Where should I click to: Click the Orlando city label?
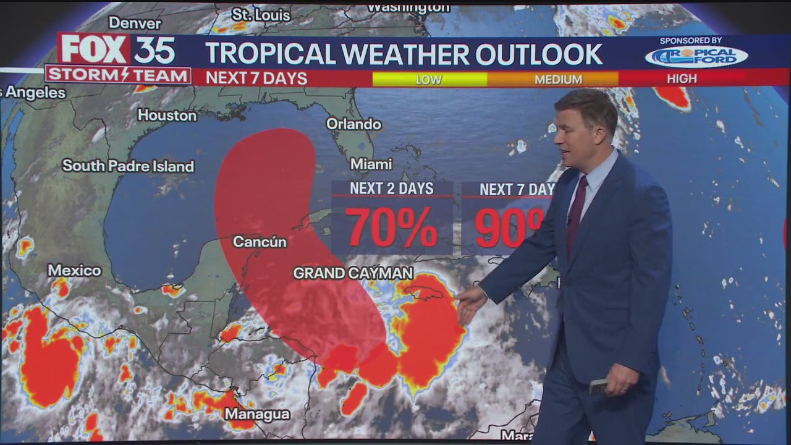point(353,124)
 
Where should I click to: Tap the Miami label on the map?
point(371,164)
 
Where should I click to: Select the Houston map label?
point(167,115)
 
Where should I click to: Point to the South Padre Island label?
point(128,166)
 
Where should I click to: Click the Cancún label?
point(260,242)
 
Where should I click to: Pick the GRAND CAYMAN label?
point(353,273)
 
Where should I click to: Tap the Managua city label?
point(257,413)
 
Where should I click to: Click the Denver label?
point(135,23)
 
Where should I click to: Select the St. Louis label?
point(261,15)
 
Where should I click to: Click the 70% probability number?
point(392,227)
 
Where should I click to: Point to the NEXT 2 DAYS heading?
point(392,189)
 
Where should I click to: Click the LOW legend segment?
point(429,79)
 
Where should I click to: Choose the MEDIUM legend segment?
point(558,79)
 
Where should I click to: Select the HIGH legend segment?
point(682,78)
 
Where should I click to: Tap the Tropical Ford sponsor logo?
point(696,56)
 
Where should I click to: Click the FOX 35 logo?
point(117,49)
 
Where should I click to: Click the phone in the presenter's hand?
point(598,387)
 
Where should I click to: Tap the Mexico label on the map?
point(74,270)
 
